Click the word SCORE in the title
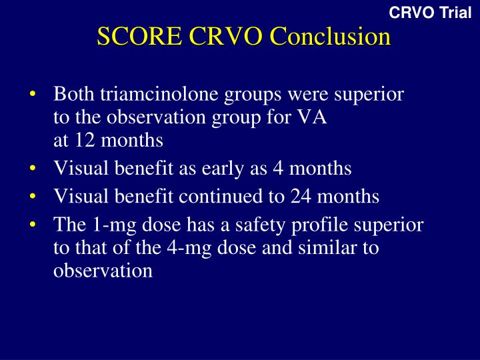tap(139, 36)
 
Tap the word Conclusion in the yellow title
tap(331, 36)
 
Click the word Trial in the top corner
tap(455, 13)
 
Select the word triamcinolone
tap(159, 94)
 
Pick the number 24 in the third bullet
tap(301, 196)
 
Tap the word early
tap(223, 169)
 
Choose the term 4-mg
tap(189, 248)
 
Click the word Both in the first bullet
tap(74, 94)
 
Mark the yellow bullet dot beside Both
tap(33, 94)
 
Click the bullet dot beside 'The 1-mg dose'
tap(33, 225)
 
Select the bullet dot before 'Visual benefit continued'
tap(33, 196)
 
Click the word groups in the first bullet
tap(253, 95)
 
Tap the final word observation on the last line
tap(103, 271)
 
